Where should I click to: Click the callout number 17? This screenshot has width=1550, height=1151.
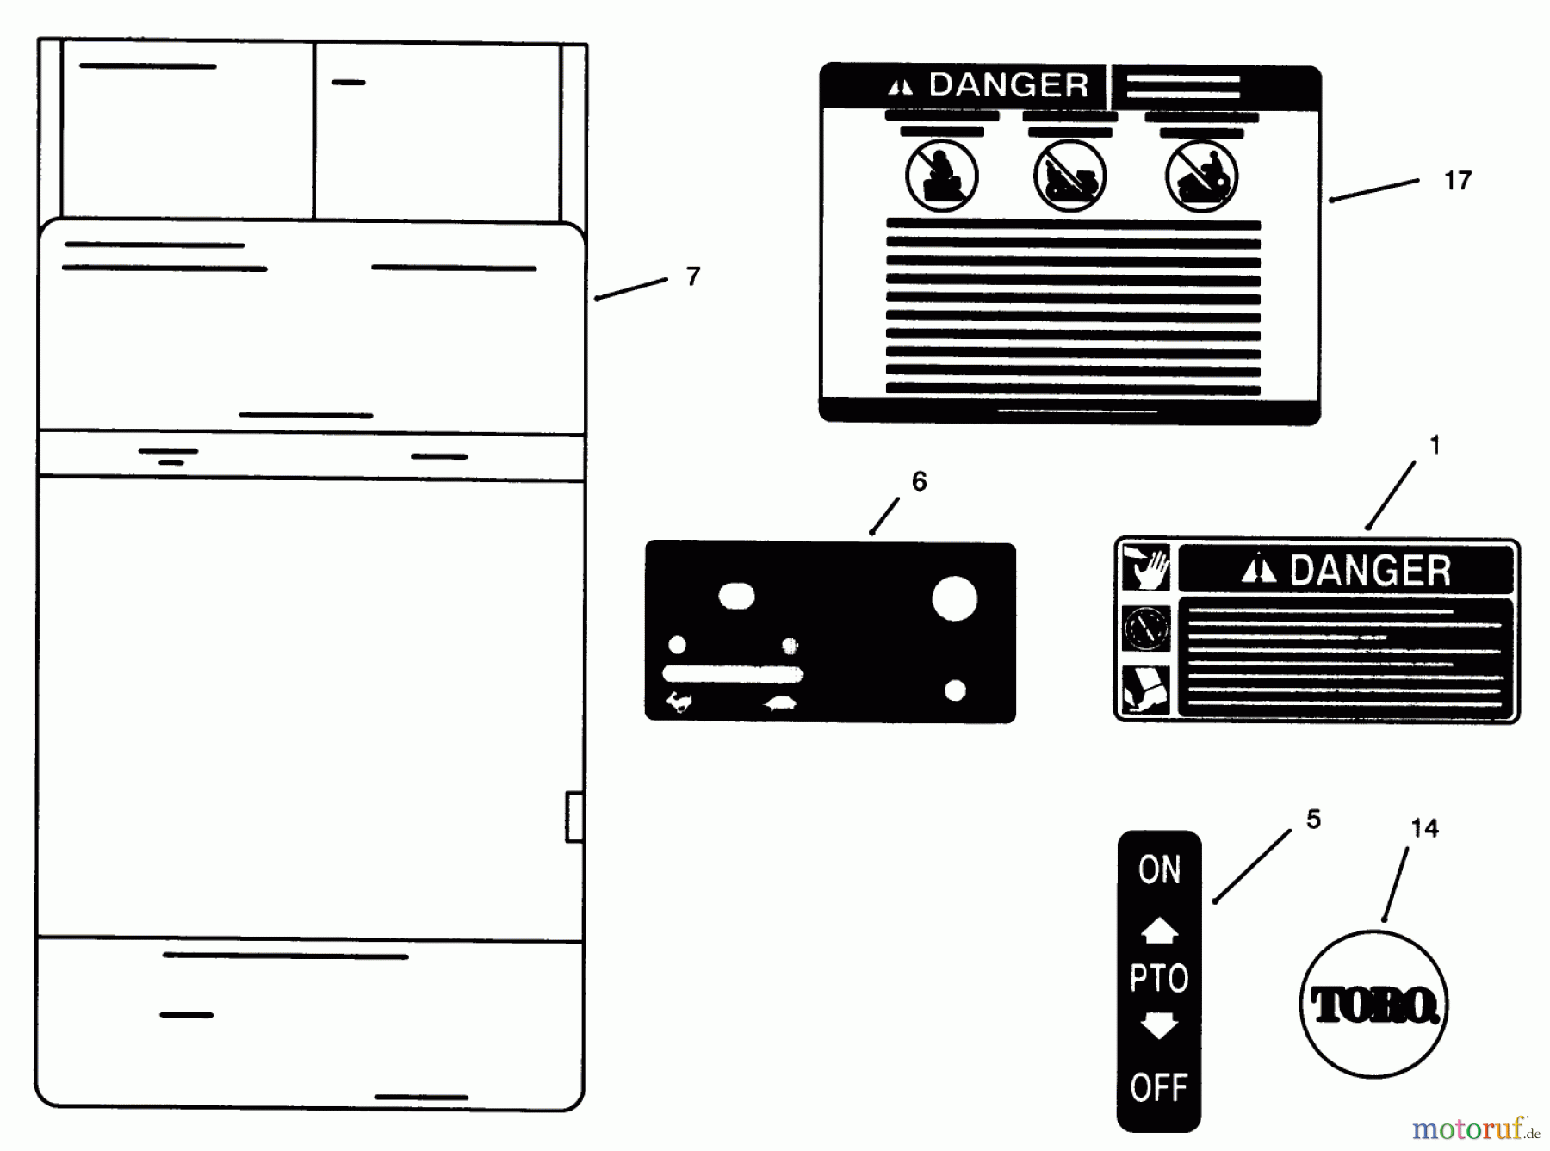(1457, 181)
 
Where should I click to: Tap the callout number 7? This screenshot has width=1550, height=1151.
(693, 276)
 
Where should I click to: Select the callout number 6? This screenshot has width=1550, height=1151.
(920, 481)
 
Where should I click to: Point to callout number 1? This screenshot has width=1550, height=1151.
(1435, 445)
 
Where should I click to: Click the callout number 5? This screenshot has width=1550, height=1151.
(1313, 819)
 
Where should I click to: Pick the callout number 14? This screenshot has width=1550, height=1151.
(1424, 828)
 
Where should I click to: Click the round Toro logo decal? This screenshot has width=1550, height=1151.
(1373, 1004)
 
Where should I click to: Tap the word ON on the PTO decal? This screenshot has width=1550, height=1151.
(1159, 870)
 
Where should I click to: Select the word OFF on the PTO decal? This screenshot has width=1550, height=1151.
(1159, 1088)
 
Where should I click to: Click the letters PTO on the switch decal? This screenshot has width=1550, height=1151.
(1159, 979)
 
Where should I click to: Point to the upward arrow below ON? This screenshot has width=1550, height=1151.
(1159, 931)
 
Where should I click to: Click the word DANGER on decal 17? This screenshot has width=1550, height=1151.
(1008, 85)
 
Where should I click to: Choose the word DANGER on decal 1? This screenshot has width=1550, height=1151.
(1370, 571)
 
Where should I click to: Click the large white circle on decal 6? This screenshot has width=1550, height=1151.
(954, 598)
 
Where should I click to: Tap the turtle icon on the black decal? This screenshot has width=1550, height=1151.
(780, 704)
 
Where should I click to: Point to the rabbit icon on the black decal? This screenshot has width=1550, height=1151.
(679, 702)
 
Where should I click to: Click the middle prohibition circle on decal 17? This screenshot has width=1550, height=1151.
(1069, 176)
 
